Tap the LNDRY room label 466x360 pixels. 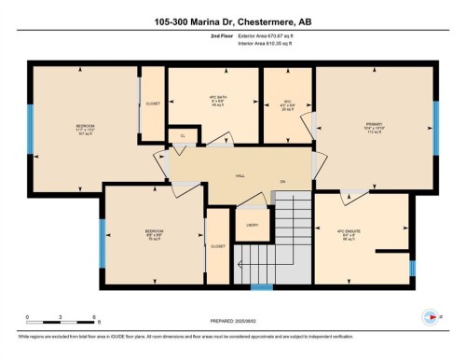(252, 225)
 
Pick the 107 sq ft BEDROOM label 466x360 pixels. (85, 129)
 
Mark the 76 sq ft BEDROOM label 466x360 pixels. (155, 232)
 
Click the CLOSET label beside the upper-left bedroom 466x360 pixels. (154, 104)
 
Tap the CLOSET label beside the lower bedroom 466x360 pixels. (218, 246)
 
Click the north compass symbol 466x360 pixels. (426, 314)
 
